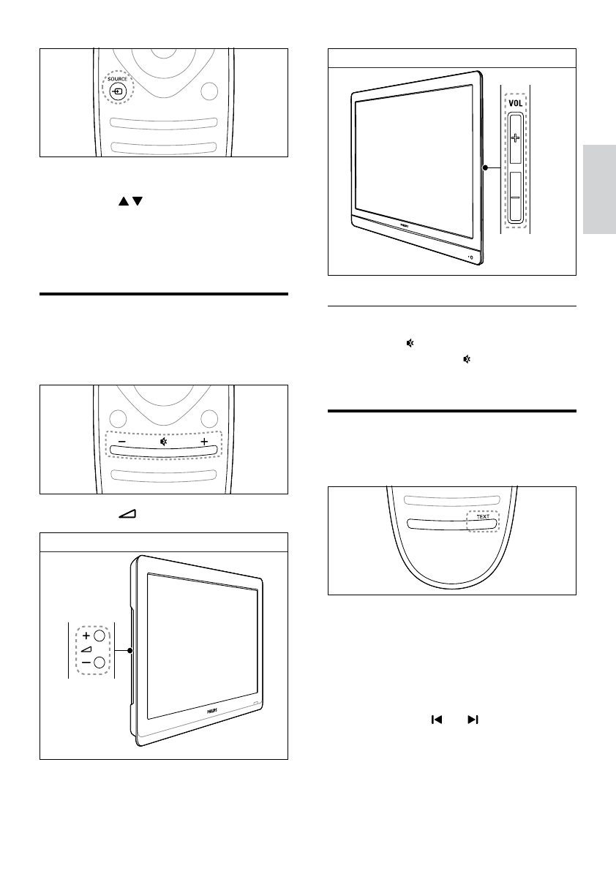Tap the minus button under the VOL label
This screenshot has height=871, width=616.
(515, 197)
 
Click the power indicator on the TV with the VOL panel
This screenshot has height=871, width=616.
(472, 257)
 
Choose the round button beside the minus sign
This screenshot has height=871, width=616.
(99, 663)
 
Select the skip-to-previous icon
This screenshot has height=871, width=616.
(436, 720)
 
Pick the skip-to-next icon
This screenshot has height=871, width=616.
(473, 720)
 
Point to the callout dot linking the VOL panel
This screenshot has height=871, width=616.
(484, 168)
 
